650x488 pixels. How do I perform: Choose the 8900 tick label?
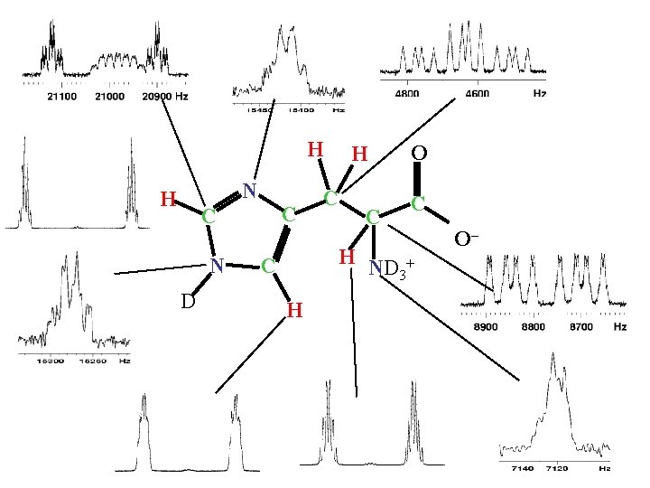point(487,326)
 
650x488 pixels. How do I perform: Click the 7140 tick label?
point(523,470)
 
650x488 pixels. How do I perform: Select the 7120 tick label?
point(557,470)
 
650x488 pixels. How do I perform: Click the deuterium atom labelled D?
point(187,299)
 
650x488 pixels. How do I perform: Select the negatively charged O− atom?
point(466,239)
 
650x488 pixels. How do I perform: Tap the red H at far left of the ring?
point(167,198)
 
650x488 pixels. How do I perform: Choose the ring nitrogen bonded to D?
point(217,264)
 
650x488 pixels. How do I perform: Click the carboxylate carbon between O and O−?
point(418,204)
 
